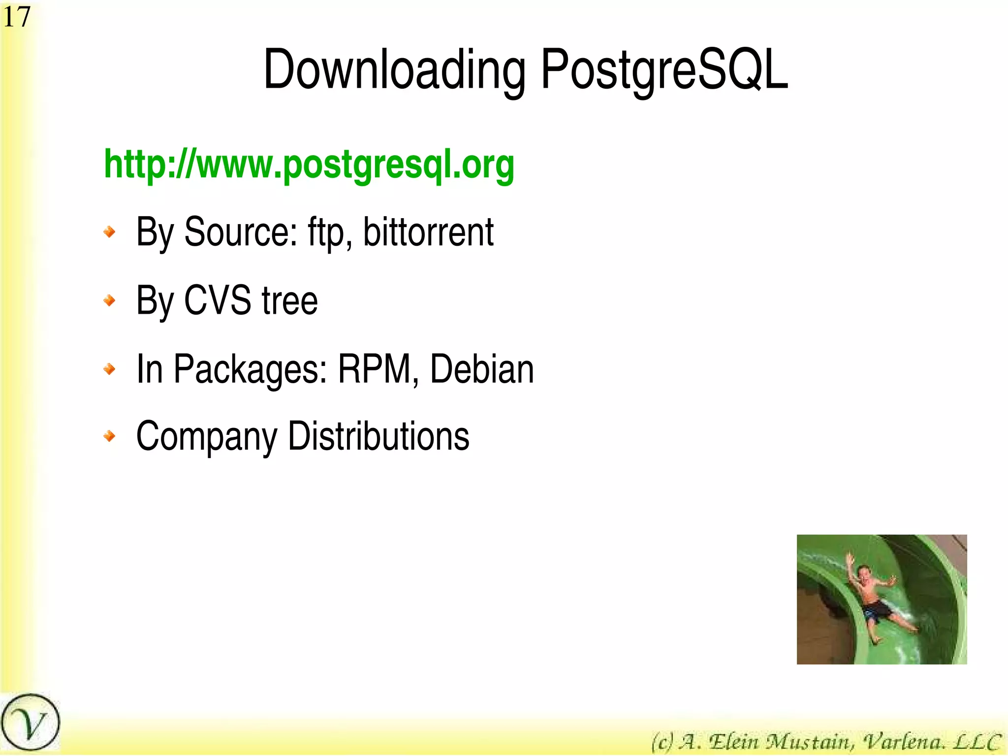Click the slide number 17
[16, 17]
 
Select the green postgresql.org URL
[309, 165]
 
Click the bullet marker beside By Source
[110, 231]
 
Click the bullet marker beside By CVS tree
[110, 300]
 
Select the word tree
[290, 300]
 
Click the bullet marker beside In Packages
[110, 368]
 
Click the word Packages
[251, 369]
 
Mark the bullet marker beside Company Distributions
[110, 436]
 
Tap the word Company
[207, 437]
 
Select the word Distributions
[378, 436]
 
